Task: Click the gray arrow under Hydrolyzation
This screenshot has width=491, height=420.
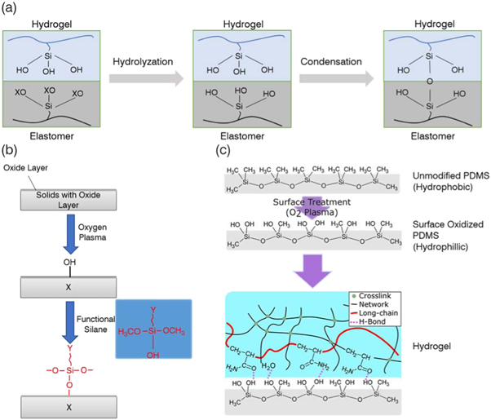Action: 145,80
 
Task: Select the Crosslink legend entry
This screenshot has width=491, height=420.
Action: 374,294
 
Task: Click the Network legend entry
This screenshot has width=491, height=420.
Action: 374,303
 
